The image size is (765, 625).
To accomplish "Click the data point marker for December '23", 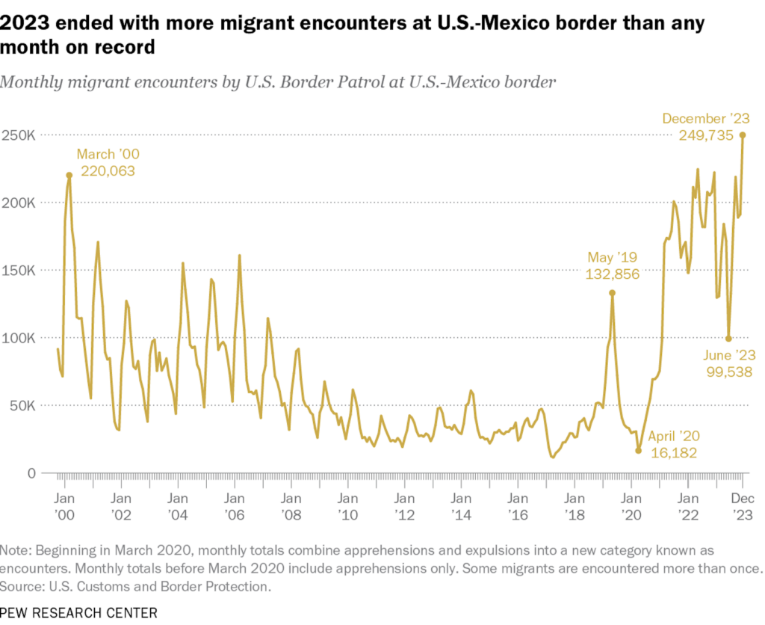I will (x=743, y=135).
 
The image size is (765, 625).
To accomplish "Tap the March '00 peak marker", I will (x=69, y=175).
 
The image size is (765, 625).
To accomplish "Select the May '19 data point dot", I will (x=612, y=293).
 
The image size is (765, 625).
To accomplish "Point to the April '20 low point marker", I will (x=638, y=451).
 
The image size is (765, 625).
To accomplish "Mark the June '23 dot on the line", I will (x=728, y=338).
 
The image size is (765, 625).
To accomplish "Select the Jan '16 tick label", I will (x=517, y=506).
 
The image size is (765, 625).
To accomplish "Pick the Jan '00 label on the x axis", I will (x=64, y=506).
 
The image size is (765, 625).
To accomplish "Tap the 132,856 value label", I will (x=611, y=274).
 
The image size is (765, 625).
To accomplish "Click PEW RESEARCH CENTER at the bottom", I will (x=79, y=612).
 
